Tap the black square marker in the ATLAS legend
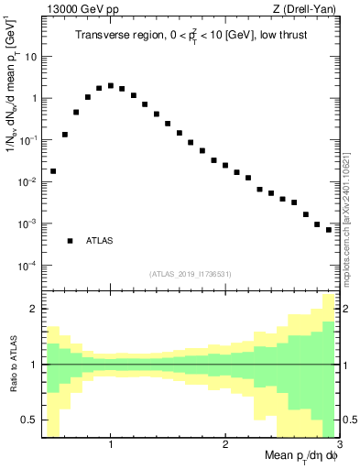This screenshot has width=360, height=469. point(70,241)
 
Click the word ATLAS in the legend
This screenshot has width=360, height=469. point(100,241)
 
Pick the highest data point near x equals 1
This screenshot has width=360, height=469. point(111,85)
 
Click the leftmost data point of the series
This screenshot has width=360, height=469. point(53,171)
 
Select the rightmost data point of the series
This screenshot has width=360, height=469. point(329,230)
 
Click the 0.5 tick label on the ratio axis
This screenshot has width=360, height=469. point(29,420)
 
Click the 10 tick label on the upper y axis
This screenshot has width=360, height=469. point(30,56)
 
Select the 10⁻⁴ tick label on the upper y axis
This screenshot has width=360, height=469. point(27,266)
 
